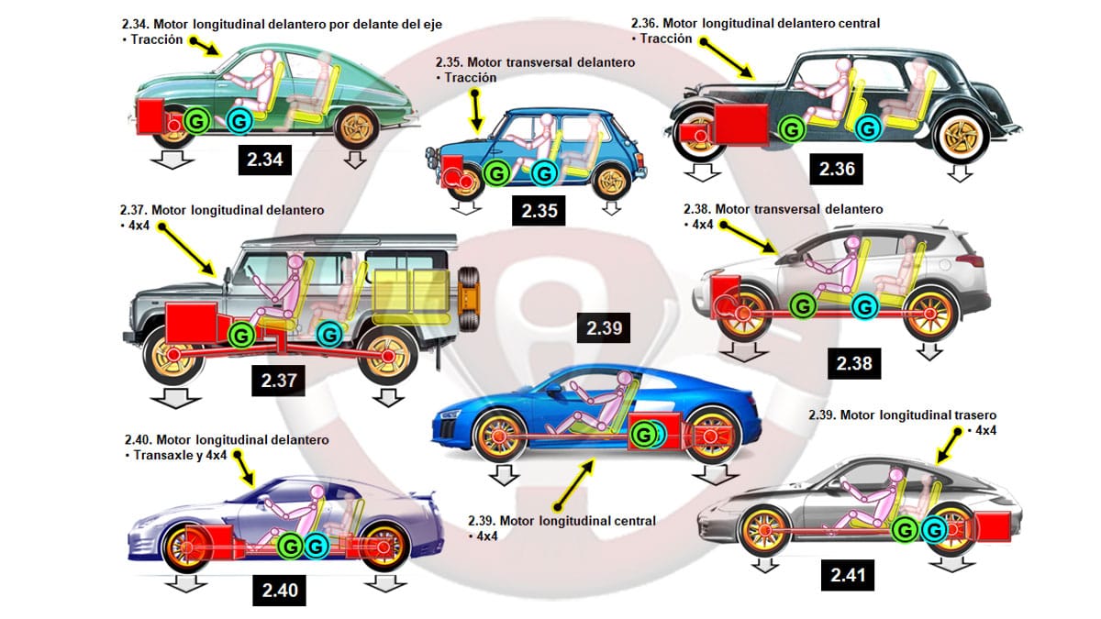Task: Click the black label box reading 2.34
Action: click(265, 160)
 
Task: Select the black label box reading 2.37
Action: click(278, 381)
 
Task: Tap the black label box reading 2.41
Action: click(847, 575)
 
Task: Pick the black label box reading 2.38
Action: click(853, 363)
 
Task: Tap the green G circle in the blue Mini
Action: click(496, 171)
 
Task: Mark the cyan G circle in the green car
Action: click(239, 120)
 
